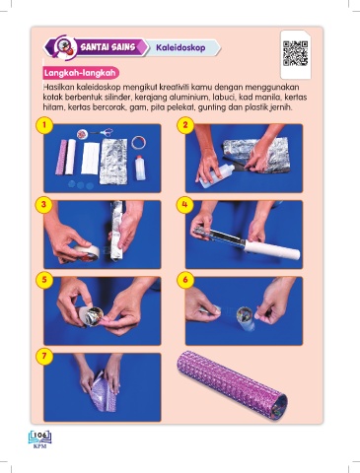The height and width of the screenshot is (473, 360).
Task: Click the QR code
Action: (295, 53)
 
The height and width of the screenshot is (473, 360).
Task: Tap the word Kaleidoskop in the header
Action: (180, 47)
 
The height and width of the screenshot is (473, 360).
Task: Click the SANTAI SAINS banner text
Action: (108, 47)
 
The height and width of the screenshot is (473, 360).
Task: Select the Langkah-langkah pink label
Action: (81, 73)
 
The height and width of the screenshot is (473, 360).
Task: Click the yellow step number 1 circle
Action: (44, 125)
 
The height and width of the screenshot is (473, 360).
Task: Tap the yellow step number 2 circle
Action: (185, 125)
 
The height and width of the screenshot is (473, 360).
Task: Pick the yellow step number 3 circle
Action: (44, 204)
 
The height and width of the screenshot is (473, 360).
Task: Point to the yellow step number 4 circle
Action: (185, 204)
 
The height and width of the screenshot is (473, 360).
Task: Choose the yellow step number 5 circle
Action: (44, 280)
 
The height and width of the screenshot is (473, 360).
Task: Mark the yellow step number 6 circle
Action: (185, 280)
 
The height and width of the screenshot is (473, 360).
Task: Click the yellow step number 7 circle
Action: (44, 357)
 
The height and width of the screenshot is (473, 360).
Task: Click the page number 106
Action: (40, 436)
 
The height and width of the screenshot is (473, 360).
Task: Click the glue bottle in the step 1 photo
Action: (140, 168)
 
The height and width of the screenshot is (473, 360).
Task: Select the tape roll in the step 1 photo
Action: (139, 143)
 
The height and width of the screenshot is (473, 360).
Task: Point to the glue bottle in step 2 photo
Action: (216, 175)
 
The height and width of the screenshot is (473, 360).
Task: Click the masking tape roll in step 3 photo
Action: (86, 252)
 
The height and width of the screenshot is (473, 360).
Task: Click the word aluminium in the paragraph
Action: (188, 98)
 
